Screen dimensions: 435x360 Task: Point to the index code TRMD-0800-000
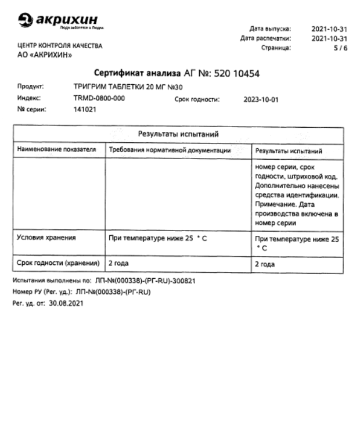(x=99, y=98)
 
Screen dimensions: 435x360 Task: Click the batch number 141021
(x=85, y=109)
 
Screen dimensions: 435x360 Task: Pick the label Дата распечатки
(x=266, y=38)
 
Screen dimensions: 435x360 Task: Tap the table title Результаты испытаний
(x=177, y=135)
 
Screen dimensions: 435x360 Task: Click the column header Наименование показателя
(x=56, y=150)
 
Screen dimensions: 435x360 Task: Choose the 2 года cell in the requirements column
(x=120, y=263)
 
